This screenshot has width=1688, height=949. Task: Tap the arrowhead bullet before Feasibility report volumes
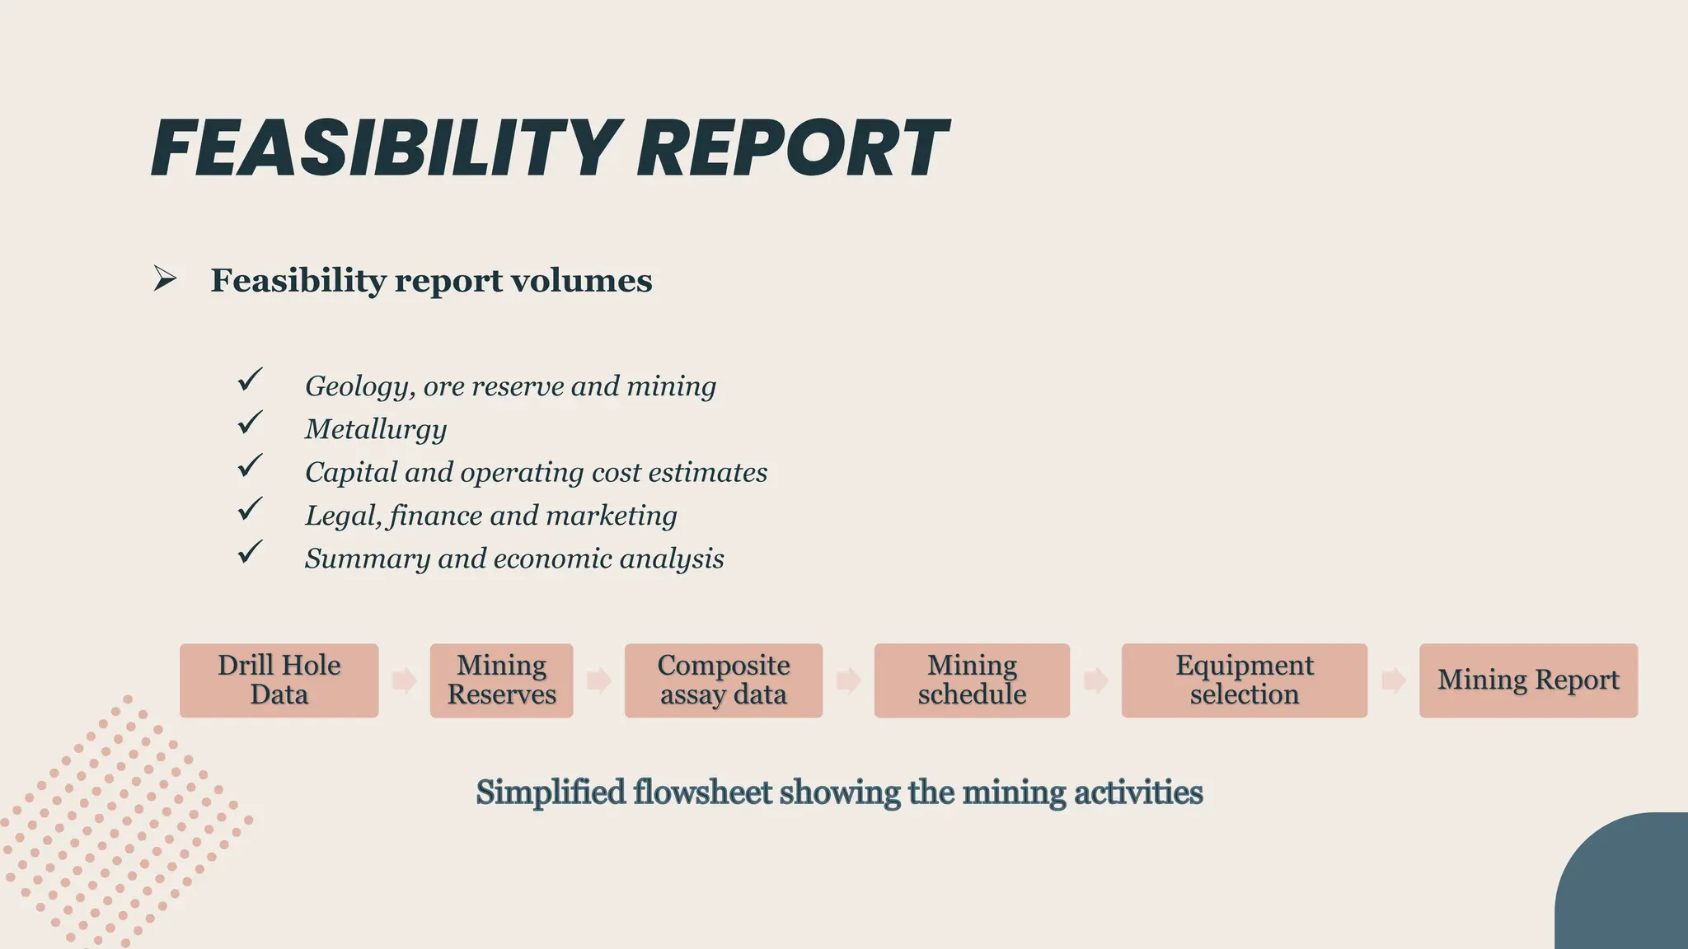point(165,279)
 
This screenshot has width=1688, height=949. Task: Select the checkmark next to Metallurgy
point(250,423)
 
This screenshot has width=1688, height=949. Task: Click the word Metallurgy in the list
point(376,429)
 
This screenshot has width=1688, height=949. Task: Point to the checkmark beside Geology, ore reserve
point(250,380)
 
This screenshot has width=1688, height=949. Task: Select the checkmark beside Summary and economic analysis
point(250,552)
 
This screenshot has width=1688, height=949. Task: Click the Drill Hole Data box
point(279,680)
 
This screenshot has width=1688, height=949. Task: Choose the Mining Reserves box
point(501,680)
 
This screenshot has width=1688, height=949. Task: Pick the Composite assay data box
point(723,680)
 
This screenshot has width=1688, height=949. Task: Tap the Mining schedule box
point(972,680)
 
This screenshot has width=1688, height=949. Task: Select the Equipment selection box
point(1244,680)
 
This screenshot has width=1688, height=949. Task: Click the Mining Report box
point(1528,680)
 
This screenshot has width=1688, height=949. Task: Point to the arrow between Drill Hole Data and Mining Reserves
point(404,680)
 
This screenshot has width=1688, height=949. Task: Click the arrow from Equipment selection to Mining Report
point(1393,680)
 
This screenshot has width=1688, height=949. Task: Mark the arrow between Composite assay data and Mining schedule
point(848,680)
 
